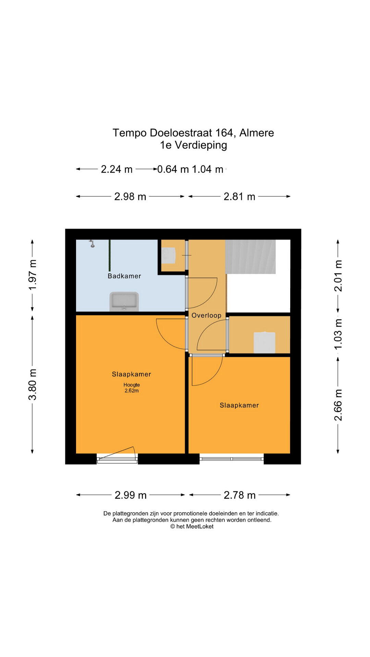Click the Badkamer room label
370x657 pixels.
click(x=124, y=276)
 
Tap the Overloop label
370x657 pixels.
click(x=207, y=315)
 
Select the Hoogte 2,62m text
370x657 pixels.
click(x=132, y=388)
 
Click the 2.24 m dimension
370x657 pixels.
click(x=116, y=169)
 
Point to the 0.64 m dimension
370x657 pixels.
click(x=173, y=169)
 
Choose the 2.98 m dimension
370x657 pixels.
click(x=130, y=196)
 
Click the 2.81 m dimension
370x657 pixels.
click(x=239, y=196)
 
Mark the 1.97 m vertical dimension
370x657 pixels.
click(x=33, y=275)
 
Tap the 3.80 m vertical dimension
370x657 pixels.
click(x=33, y=384)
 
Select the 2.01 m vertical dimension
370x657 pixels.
click(x=338, y=276)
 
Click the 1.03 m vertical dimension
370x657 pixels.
click(x=338, y=334)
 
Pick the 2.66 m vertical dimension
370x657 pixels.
click(x=338, y=405)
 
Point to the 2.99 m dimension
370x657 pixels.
click(x=131, y=495)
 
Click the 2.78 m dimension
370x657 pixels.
click(x=240, y=495)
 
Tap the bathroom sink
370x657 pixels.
click(x=124, y=301)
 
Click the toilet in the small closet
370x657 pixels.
click(x=168, y=255)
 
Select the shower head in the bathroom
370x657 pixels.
click(x=92, y=243)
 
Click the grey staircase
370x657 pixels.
click(x=250, y=257)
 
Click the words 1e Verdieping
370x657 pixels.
click(x=194, y=145)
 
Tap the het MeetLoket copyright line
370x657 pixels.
click(x=192, y=527)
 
